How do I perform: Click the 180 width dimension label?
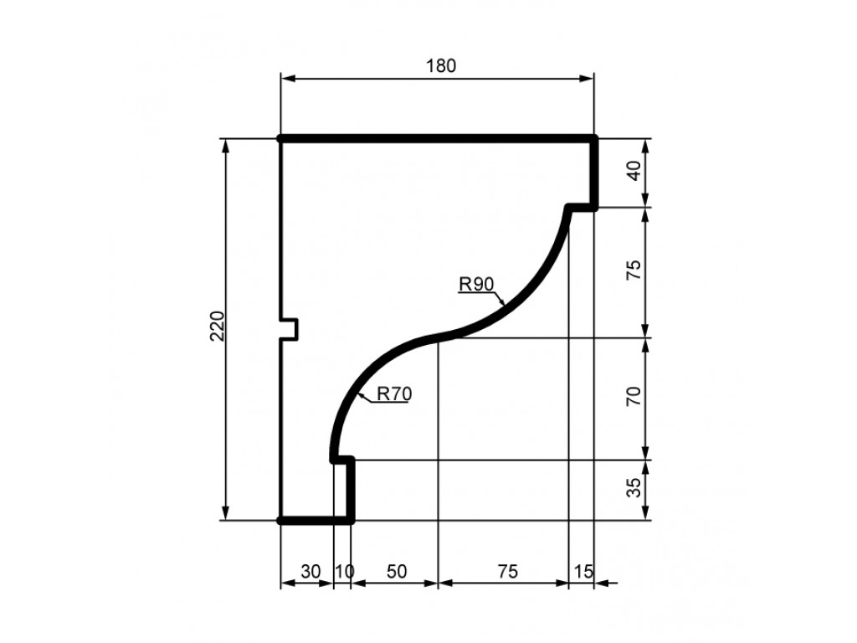440,65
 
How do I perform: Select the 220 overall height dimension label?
218,326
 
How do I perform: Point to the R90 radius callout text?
476,285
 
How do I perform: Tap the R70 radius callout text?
394,394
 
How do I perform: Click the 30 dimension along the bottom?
310,571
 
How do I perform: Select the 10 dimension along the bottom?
344,571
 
